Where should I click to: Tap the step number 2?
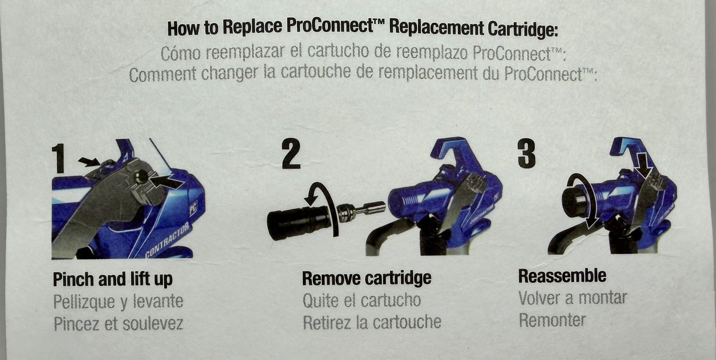tap(291, 154)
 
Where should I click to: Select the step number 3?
tap(527, 154)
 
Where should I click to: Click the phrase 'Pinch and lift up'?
tap(112, 279)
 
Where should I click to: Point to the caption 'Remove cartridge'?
tap(367, 278)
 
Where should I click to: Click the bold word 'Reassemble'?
tap(562, 276)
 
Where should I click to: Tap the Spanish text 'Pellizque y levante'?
tap(118, 301)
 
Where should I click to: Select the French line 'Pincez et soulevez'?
tap(118, 323)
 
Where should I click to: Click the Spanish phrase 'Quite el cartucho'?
tap(362, 300)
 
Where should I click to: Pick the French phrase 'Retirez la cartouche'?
tap(372, 322)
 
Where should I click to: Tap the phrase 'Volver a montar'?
tap(572, 298)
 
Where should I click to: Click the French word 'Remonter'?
tap(552, 320)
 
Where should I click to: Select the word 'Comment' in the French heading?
tap(162, 74)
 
